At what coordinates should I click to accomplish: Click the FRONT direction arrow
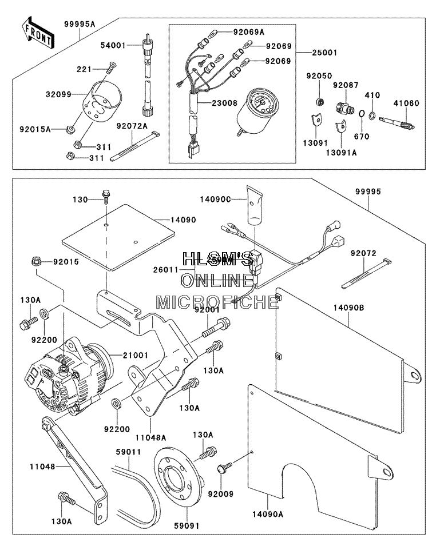[37, 33]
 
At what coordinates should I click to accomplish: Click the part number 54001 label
[113, 45]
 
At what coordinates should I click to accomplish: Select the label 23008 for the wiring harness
[225, 103]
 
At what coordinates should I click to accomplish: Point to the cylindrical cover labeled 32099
[102, 100]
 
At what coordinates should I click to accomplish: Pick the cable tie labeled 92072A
[135, 146]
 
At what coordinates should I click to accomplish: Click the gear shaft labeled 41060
[397, 123]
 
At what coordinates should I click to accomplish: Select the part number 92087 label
[346, 85]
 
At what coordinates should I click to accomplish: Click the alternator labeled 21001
[69, 376]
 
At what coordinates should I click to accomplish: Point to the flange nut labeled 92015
[36, 261]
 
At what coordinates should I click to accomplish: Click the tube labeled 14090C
[255, 205]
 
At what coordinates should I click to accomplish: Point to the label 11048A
[150, 437]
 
